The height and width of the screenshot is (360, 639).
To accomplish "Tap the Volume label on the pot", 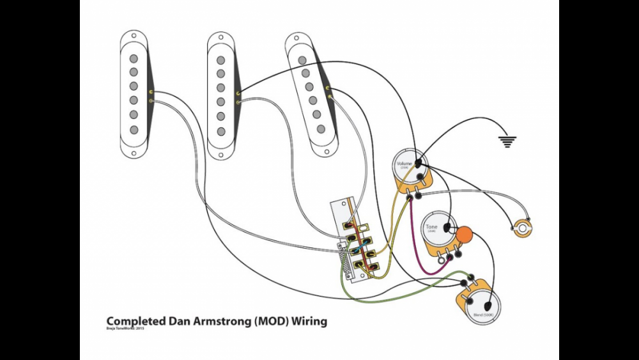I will (x=404, y=164).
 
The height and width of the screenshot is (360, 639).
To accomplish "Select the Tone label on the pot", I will (x=432, y=227).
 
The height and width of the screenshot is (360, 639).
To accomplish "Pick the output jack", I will (x=523, y=226).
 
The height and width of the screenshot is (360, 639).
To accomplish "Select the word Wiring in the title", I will (x=309, y=321).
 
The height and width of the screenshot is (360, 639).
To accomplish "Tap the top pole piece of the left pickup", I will (x=134, y=59).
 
